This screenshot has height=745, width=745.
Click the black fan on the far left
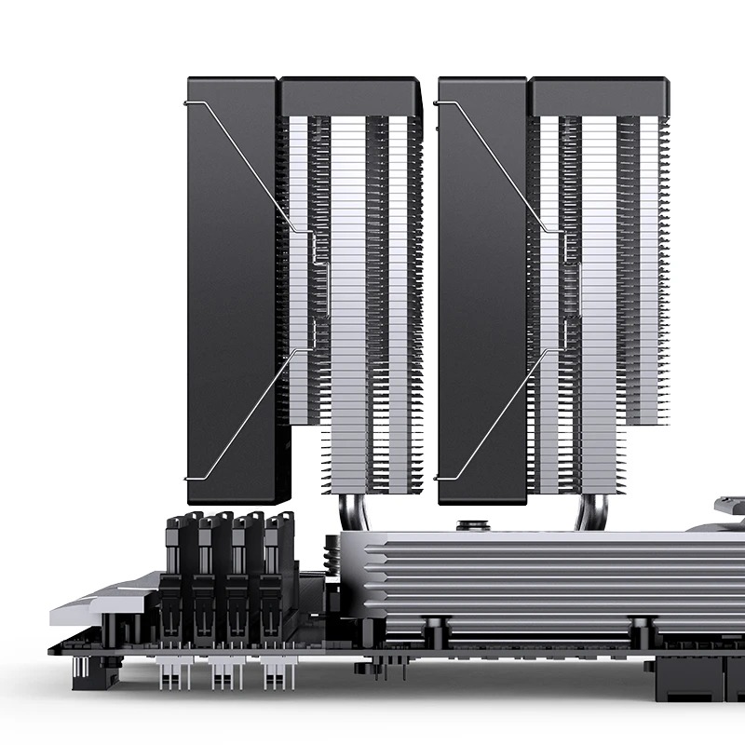(233, 279)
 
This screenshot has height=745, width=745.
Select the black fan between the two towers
(482, 279)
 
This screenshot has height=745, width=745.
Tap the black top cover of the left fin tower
(350, 96)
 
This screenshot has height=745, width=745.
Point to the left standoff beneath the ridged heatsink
(435, 631)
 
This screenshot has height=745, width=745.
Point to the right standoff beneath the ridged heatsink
(638, 631)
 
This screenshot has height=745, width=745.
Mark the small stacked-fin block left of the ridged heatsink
(333, 568)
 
